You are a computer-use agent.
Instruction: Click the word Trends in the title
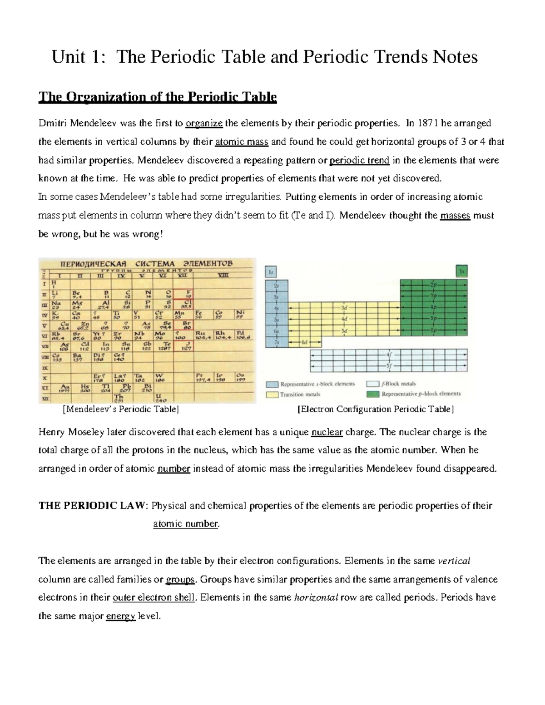tap(389, 57)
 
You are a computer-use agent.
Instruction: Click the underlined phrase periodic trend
tap(359, 160)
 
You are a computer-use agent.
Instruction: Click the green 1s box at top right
tap(462, 271)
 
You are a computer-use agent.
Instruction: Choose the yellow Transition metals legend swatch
tap(272, 394)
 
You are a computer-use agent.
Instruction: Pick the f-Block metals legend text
tap(399, 384)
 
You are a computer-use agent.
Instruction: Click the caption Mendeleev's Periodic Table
tap(120, 409)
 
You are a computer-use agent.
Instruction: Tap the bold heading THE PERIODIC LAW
tap(93, 506)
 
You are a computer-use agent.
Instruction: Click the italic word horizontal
tap(316, 598)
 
